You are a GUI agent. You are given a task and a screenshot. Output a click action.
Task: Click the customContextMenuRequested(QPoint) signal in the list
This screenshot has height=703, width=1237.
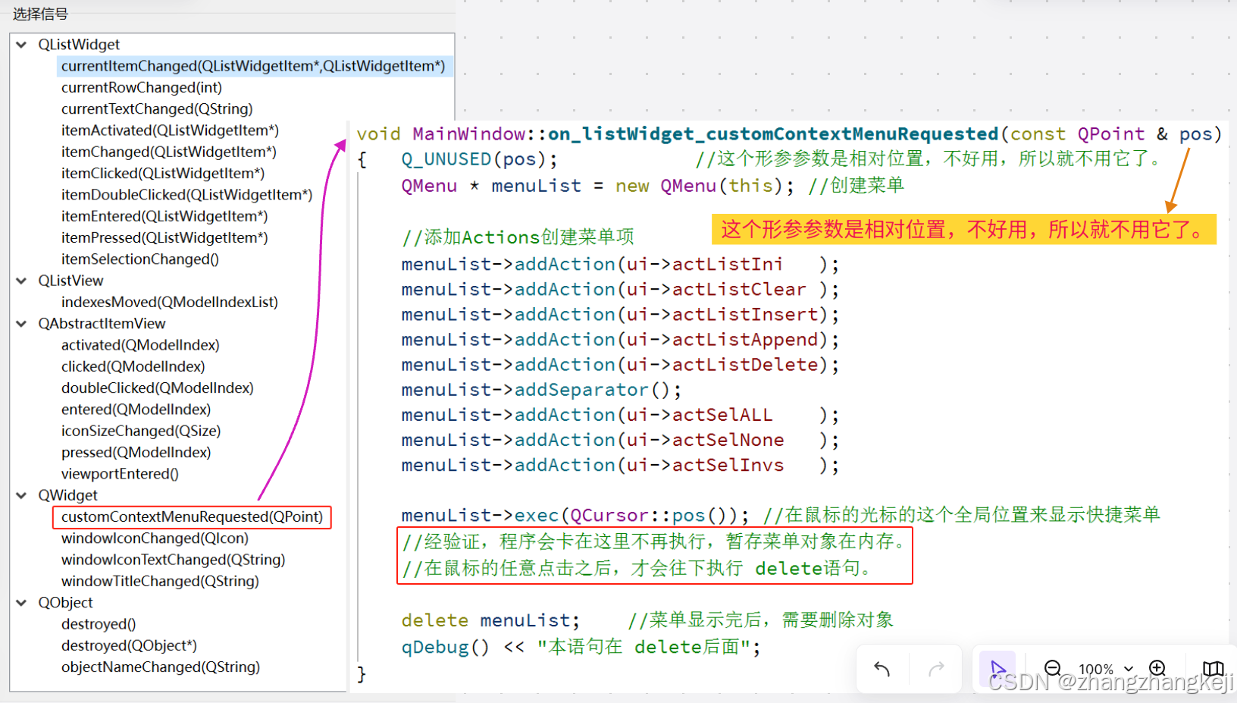(x=192, y=517)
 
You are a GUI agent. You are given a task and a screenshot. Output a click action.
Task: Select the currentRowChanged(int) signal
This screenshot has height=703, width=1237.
(x=142, y=88)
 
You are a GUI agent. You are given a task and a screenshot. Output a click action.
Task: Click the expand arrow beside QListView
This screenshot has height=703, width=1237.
(x=21, y=281)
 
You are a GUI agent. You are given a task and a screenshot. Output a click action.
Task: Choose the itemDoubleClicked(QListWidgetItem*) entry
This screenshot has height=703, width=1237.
(x=186, y=195)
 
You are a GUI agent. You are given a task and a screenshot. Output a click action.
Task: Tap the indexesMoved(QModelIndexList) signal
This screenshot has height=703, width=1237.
(x=170, y=302)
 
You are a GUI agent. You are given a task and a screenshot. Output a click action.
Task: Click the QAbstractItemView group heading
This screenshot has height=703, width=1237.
(x=102, y=324)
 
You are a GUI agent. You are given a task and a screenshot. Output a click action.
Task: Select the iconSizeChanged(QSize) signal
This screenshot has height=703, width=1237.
(x=141, y=431)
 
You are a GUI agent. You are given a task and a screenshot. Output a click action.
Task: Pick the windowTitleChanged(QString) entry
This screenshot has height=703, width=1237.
(x=160, y=581)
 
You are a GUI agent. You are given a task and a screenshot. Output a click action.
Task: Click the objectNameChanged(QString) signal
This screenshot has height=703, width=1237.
(x=161, y=667)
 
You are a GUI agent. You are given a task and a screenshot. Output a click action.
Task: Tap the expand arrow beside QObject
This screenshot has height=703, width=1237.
(x=21, y=603)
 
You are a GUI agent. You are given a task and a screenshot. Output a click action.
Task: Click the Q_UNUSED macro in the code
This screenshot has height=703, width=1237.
(x=446, y=159)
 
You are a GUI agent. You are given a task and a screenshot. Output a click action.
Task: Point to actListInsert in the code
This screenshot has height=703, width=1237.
(x=745, y=315)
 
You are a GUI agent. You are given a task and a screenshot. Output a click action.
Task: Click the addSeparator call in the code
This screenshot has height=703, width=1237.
(x=581, y=390)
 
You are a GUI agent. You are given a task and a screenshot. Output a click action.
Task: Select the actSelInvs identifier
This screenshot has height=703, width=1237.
(x=728, y=465)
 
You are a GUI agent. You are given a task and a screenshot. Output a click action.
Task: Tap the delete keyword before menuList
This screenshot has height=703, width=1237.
(x=434, y=620)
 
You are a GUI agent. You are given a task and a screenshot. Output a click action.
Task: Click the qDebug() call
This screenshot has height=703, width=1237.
(x=445, y=647)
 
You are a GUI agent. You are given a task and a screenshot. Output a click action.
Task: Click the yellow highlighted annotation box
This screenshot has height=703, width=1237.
(x=963, y=229)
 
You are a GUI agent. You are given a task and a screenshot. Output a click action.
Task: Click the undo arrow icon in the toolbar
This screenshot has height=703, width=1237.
(x=882, y=669)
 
